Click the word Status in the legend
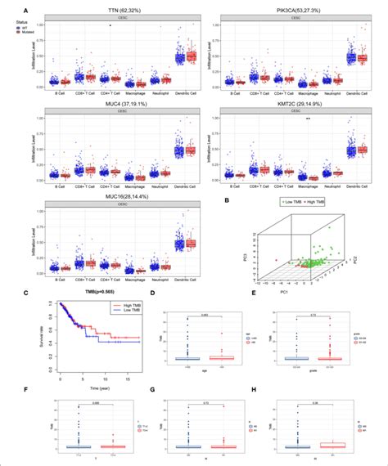tap(10, 16)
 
